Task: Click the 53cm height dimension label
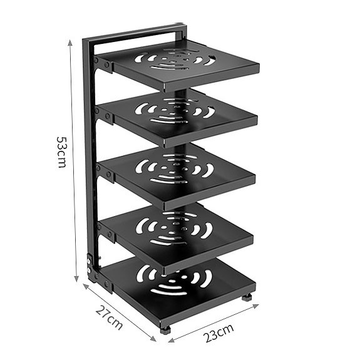pyautogui.click(x=61, y=152)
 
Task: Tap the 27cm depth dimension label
pyautogui.click(x=109, y=317)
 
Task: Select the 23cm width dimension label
pyautogui.click(x=219, y=332)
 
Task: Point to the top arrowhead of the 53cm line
pyautogui.click(x=70, y=42)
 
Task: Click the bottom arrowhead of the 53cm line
pyautogui.click(x=76, y=279)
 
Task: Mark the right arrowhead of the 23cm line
pyautogui.click(x=256, y=306)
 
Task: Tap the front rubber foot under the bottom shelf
pyautogui.click(x=165, y=330)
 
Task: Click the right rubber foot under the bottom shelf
pyautogui.click(x=247, y=297)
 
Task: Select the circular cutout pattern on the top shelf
pyautogui.click(x=175, y=59)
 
